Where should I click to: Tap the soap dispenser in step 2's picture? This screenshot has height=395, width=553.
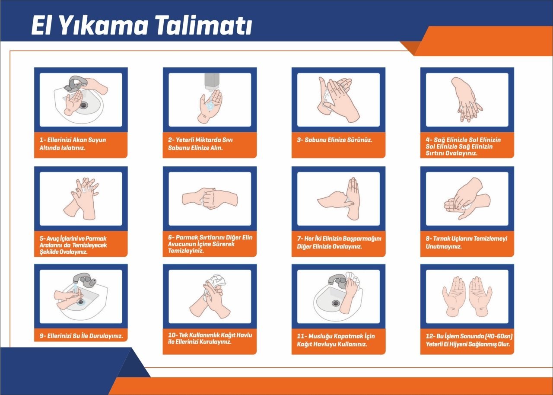(212, 82)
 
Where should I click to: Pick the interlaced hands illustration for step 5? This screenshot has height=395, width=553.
(84, 197)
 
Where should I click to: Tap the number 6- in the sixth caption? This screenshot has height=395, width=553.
(171, 238)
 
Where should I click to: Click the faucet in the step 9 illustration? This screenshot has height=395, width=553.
(85, 280)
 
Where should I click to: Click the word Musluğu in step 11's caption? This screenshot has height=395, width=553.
(323, 336)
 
